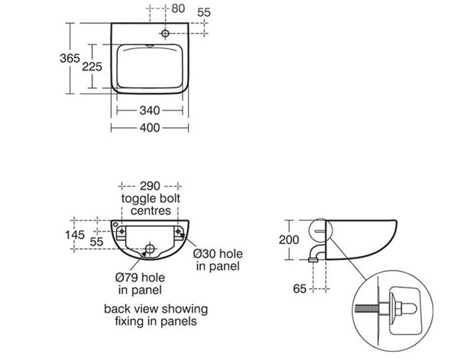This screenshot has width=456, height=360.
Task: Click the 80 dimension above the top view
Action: coord(178,9)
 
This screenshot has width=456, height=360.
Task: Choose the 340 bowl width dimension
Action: coord(150,110)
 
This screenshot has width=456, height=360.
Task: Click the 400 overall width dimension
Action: coord(150,127)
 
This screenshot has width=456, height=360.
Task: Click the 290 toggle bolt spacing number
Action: coord(150,186)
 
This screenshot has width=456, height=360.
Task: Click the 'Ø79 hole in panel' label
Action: coord(140,283)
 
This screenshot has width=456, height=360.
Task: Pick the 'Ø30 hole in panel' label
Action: coord(217,260)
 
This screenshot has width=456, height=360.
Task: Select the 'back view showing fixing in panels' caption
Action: coord(156,315)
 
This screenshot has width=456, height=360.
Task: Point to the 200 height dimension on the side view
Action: coord(290,240)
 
